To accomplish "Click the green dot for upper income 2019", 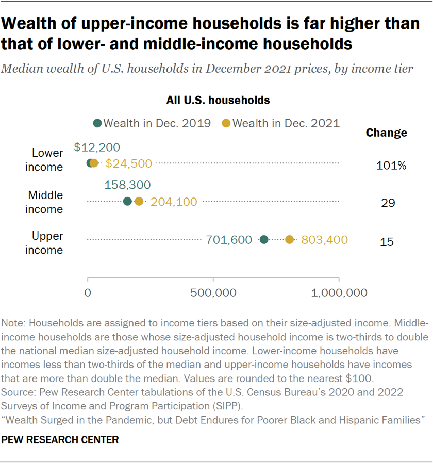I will pyautogui.click(x=264, y=239).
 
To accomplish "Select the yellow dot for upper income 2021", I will pyautogui.click(x=289, y=239).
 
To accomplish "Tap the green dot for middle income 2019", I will pyautogui.click(x=127, y=201).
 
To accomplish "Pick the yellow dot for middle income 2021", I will pyautogui.click(x=139, y=201).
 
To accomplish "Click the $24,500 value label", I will pyautogui.click(x=128, y=163).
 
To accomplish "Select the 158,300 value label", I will pyautogui.click(x=127, y=185).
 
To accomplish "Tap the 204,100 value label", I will pyautogui.click(x=174, y=202).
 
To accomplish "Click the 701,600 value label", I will pyautogui.click(x=228, y=240).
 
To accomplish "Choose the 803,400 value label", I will pyautogui.click(x=324, y=240).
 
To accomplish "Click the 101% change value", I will pyautogui.click(x=391, y=166).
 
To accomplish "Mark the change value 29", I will pyautogui.click(x=388, y=203).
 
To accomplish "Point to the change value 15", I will pyautogui.click(x=387, y=241).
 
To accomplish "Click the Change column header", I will pyautogui.click(x=386, y=133).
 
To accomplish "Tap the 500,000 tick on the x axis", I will pyautogui.click(x=213, y=293).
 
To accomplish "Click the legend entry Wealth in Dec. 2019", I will pyautogui.click(x=152, y=123).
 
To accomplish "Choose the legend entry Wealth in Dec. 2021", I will pyautogui.click(x=280, y=123).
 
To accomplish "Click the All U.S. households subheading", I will pyautogui.click(x=218, y=100).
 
